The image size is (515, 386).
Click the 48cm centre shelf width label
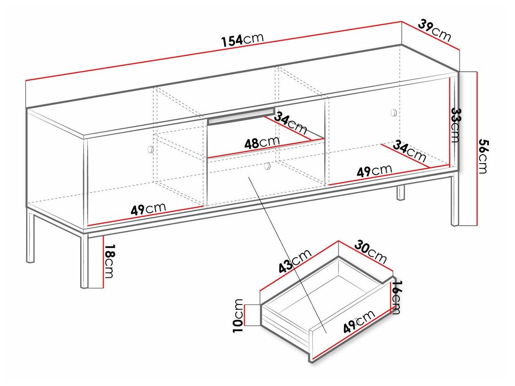(262, 143)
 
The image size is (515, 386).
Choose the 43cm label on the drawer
(295, 262)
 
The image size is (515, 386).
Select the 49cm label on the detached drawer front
(359, 322)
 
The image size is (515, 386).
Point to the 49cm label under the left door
(148, 208)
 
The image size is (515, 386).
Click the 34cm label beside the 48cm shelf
(291, 122)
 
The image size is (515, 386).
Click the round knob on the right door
(393, 112)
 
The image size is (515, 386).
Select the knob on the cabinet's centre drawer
(267, 166)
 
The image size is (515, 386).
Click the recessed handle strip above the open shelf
(241, 117)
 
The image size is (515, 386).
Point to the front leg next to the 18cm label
(84, 261)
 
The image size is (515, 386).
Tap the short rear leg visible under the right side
(401, 193)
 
